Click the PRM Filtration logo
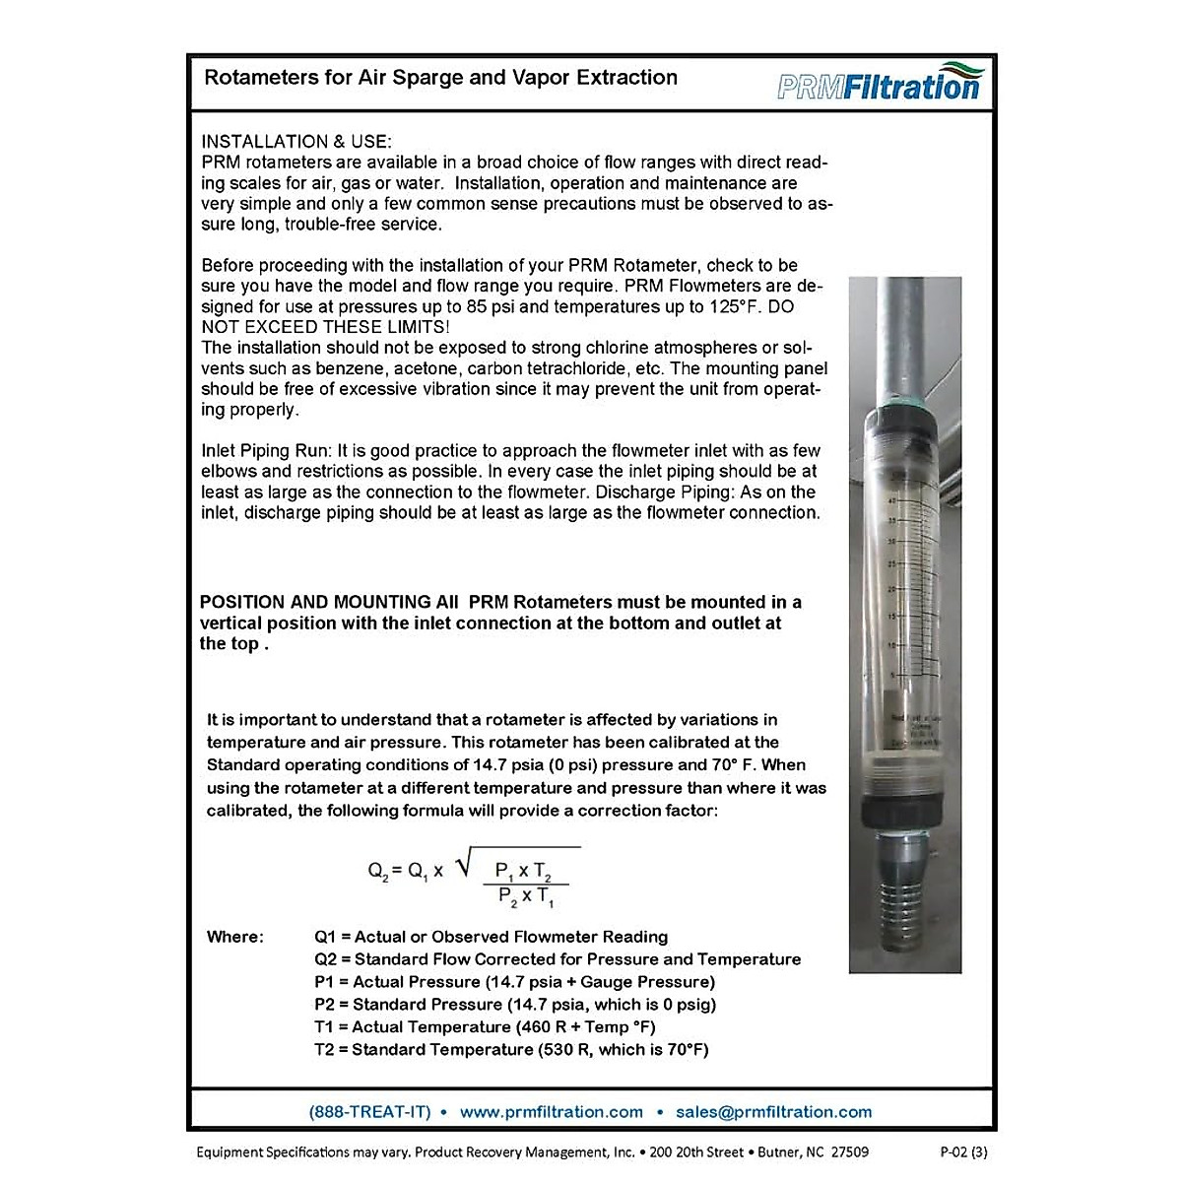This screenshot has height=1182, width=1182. pos(879,82)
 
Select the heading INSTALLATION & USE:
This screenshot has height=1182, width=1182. pos(296,142)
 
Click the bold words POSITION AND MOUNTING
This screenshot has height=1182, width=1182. pos(315,602)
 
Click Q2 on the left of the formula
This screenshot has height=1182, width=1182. pos(378,871)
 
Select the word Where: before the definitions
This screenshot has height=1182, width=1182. pos(235,937)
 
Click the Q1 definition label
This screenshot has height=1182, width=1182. pos(325,937)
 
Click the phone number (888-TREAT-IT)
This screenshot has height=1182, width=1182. pos(369,1112)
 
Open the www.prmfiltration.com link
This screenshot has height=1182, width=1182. pos(551,1112)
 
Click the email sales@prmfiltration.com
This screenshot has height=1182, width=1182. pos(773,1112)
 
